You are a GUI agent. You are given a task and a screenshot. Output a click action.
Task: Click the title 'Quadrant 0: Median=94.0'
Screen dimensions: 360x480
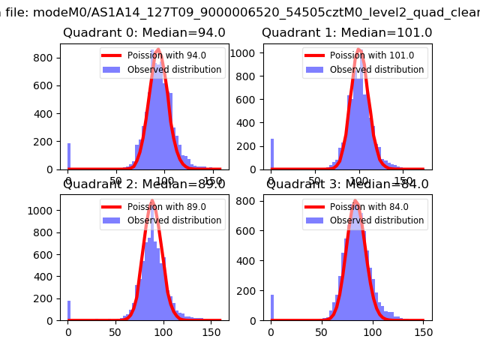coord(144,33)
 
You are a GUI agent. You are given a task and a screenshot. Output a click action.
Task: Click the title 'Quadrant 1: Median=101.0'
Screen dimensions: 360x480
coord(346,33)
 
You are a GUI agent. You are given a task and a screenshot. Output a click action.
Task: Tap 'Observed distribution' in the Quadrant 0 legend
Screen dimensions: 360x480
coord(174,70)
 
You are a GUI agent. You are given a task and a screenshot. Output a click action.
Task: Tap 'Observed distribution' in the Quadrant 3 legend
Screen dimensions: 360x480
coord(376,220)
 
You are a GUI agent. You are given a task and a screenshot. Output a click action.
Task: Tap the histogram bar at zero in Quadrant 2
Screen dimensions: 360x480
coord(69,310)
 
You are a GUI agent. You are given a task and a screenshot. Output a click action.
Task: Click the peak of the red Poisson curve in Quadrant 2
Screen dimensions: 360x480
coord(152,201)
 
